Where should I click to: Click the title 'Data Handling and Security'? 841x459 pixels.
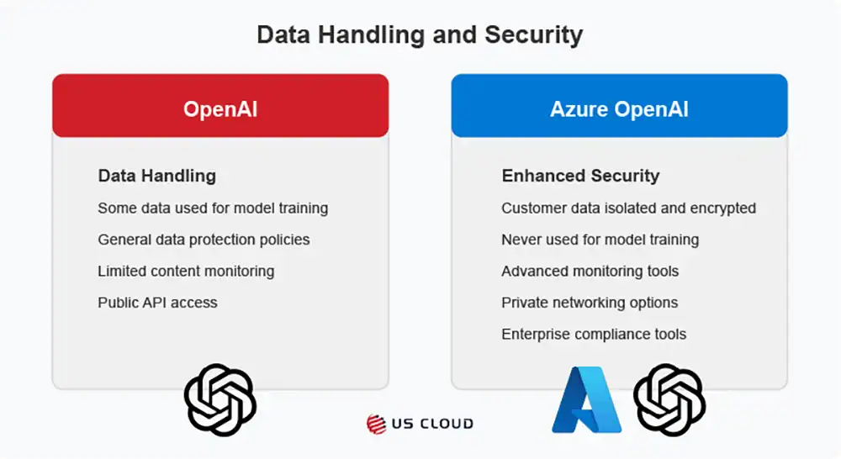tap(420, 34)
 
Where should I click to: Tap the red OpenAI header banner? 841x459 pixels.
tap(220, 106)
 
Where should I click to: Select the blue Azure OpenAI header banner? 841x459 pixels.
tap(620, 106)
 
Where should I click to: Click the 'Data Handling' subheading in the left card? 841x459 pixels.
tap(157, 176)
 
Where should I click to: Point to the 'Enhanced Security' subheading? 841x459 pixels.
tap(581, 176)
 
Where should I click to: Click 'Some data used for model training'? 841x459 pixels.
tap(213, 208)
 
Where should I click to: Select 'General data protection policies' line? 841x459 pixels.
tap(204, 240)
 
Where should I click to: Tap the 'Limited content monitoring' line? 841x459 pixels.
tap(186, 272)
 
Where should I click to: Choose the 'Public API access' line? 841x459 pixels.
tap(158, 303)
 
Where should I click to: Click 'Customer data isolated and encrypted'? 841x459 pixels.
tap(628, 208)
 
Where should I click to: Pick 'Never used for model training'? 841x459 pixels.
tap(600, 240)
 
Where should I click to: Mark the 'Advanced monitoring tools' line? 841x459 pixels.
tap(590, 272)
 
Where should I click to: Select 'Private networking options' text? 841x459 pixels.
tap(590, 303)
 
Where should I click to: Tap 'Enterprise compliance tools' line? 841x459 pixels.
tap(594, 335)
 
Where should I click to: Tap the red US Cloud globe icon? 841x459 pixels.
tap(376, 425)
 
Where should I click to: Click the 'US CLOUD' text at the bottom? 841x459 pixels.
tap(432, 425)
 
